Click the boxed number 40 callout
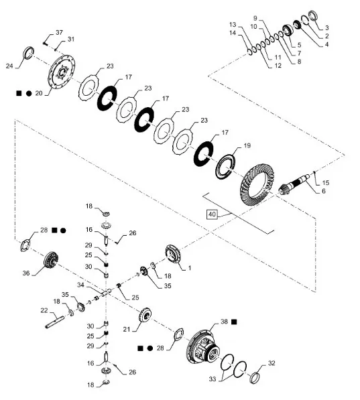coord(212,214)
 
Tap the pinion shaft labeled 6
coord(296,184)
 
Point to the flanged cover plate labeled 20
coord(62,72)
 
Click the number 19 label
coord(247,145)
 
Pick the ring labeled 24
coord(28,52)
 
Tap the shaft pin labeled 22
coord(55,322)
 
